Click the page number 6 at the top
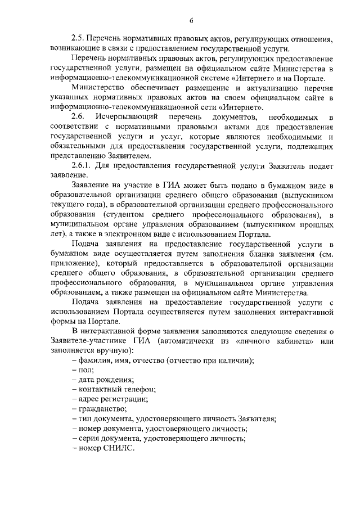tap(191, 21)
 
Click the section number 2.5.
tap(78, 40)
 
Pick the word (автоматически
tap(195, 341)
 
